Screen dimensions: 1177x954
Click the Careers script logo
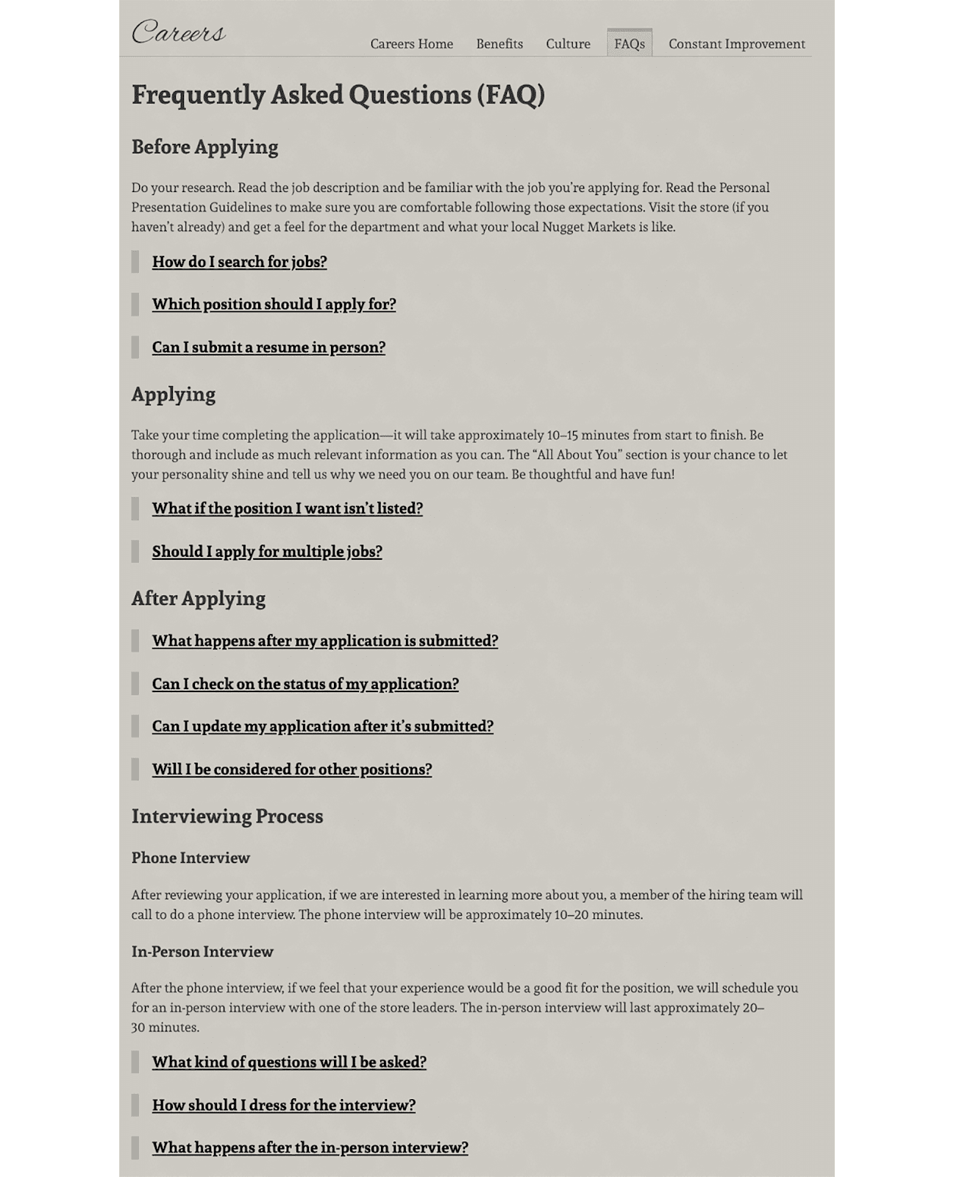[179, 32]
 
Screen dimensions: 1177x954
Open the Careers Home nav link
[411, 44]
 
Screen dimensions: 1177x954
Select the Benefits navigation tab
[499, 44]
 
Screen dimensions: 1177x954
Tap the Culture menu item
[568, 44]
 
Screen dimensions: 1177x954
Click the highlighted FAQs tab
[630, 44]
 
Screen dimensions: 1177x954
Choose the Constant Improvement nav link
[736, 44]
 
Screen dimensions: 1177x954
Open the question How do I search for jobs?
[239, 262]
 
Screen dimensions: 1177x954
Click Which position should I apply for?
[274, 305]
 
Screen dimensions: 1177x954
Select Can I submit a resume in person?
[268, 347]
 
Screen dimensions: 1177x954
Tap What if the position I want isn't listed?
[287, 508]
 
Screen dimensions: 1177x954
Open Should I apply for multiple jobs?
[267, 552]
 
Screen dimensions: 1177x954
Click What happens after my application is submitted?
[324, 641]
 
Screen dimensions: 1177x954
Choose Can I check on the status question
[305, 684]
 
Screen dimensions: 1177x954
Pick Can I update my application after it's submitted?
[322, 727]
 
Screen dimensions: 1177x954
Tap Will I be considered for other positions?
[291, 769]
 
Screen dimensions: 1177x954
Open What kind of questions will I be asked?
[289, 1062]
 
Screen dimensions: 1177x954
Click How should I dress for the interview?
[283, 1105]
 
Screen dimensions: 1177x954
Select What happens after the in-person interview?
[310, 1148]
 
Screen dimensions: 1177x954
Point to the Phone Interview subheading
[191, 858]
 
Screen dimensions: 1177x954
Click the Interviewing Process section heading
[227, 817]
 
